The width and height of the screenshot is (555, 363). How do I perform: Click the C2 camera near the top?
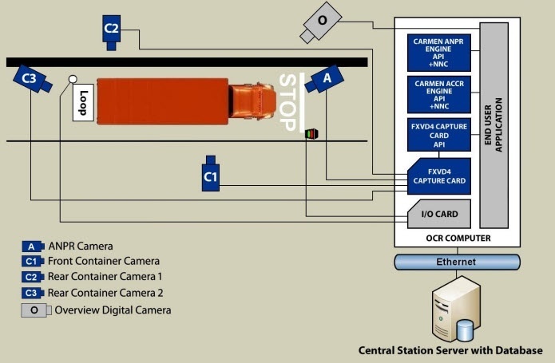tap(112, 30)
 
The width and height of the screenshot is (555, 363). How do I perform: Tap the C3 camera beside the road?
tap(30, 78)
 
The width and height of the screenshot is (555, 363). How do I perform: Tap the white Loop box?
tap(84, 101)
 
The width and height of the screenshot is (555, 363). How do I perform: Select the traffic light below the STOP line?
tap(311, 134)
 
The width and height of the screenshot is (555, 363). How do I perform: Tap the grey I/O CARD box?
tap(438, 215)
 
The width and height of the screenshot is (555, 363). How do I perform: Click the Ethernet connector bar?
tap(455, 262)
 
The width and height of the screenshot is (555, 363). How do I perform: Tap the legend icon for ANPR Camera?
tap(32, 246)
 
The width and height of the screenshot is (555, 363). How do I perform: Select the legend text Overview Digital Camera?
tap(113, 310)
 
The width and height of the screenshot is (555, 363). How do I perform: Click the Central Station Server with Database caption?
tap(451, 349)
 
